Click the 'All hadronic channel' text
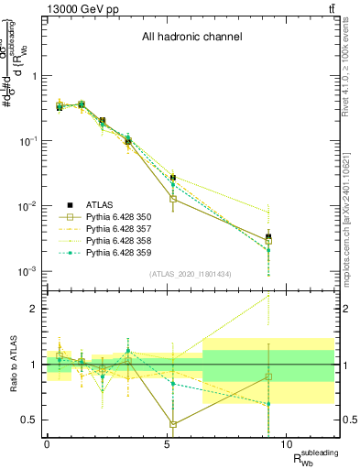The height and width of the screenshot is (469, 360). [x=191, y=38]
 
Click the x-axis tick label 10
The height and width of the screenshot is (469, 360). [x=287, y=443]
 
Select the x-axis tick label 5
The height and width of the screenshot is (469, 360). [x=167, y=443]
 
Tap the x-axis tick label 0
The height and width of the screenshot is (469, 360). [x=47, y=443]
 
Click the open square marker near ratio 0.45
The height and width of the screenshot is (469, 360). [x=173, y=424]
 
